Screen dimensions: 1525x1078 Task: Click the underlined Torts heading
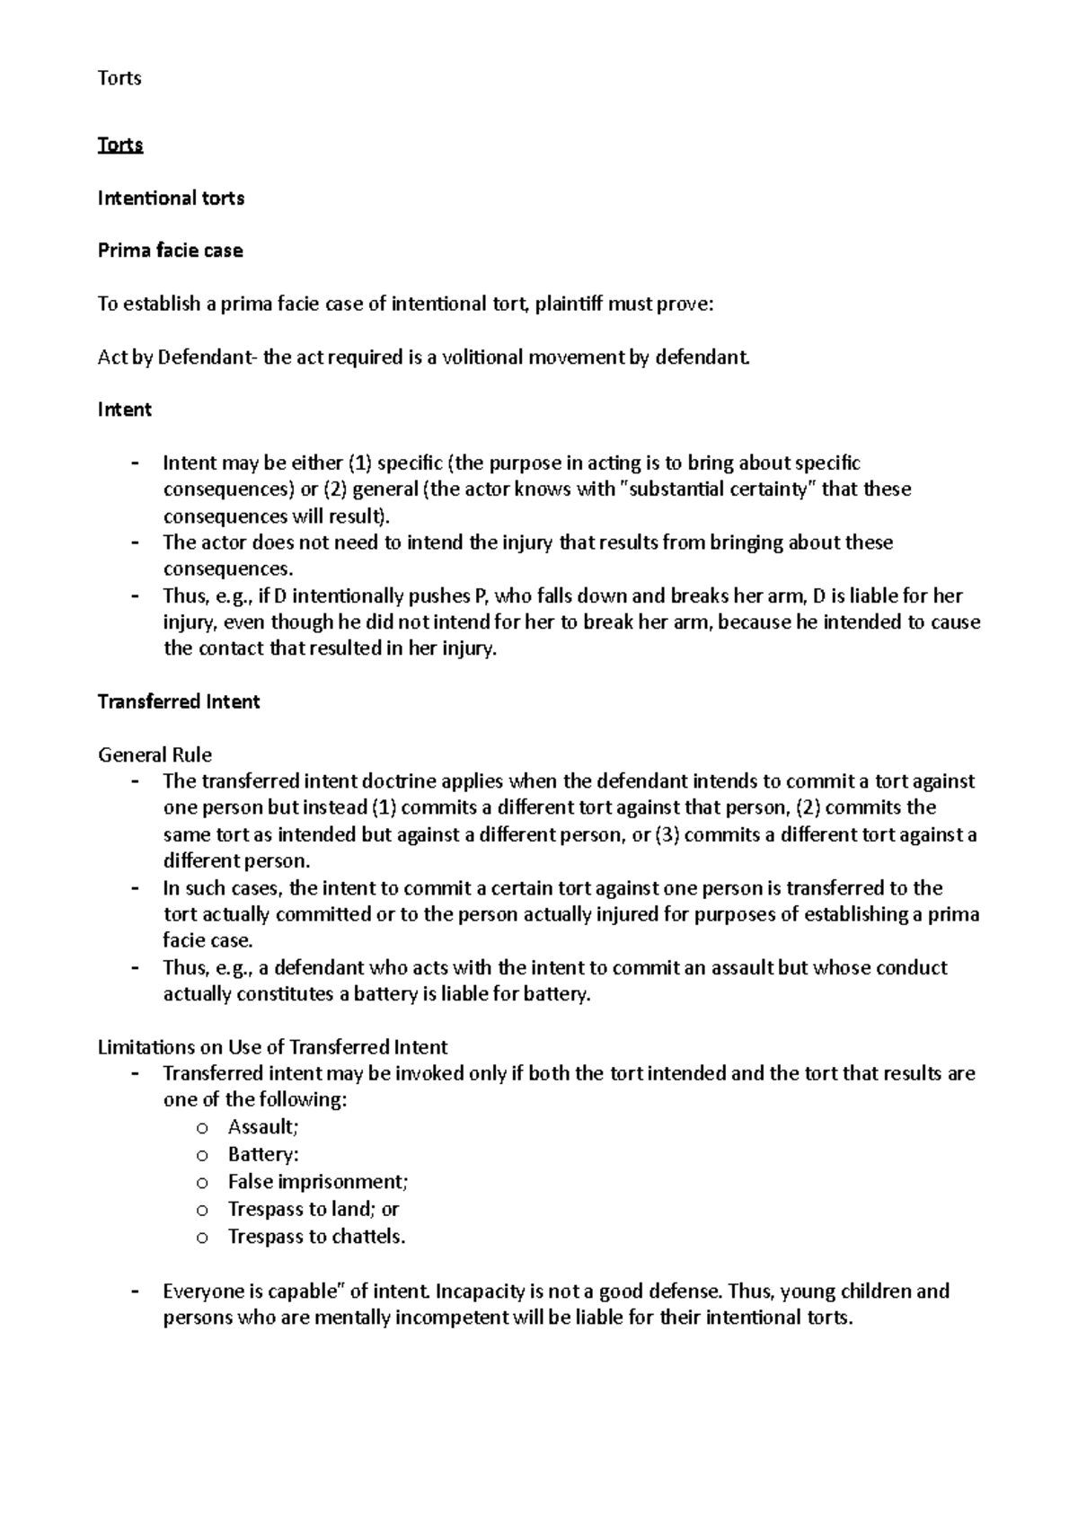pyautogui.click(x=120, y=145)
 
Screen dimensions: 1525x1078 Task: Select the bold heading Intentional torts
pyautogui.click(x=171, y=198)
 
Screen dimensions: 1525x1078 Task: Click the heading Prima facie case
pyautogui.click(x=170, y=251)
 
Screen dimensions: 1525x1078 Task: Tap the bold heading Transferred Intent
pyautogui.click(x=178, y=701)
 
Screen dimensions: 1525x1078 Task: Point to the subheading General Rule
pyautogui.click(x=155, y=754)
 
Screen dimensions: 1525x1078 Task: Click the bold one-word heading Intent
pyautogui.click(x=124, y=410)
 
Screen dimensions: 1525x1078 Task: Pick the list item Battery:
pyautogui.click(x=263, y=1154)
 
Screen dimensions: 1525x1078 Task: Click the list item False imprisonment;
pyautogui.click(x=317, y=1182)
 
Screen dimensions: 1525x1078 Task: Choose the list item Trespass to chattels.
pyautogui.click(x=316, y=1237)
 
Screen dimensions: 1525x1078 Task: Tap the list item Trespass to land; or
pyautogui.click(x=313, y=1209)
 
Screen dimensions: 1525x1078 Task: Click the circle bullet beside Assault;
pyautogui.click(x=202, y=1128)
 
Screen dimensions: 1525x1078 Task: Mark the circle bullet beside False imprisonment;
pyautogui.click(x=202, y=1183)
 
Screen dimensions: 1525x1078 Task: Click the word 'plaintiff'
pyautogui.click(x=569, y=304)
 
